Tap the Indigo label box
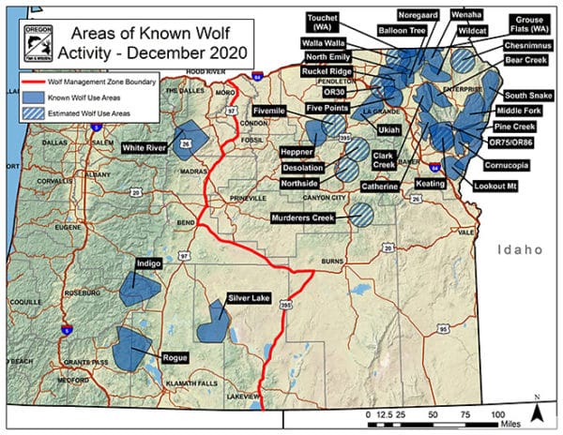tap(148, 265)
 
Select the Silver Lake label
tap(249, 298)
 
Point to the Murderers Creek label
tap(304, 217)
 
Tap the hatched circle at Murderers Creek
tap(361, 215)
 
